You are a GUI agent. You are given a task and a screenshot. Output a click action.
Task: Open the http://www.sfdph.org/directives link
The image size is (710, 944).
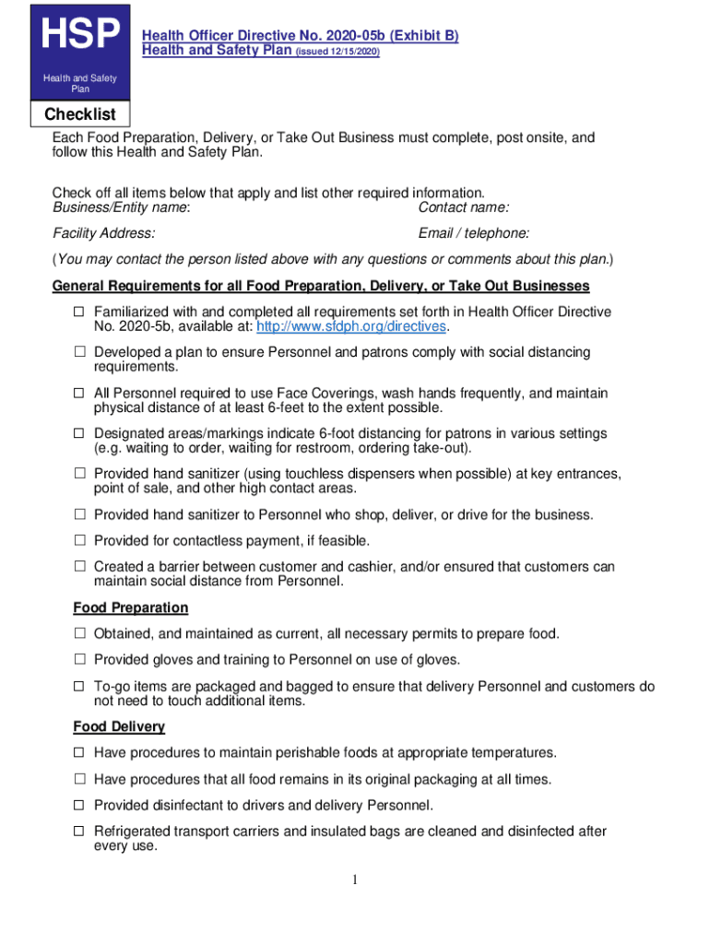tap(351, 327)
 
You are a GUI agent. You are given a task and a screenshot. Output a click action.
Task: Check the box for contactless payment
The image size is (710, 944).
tap(79, 540)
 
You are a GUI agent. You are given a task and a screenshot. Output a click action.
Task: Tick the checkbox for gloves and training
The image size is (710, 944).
tap(79, 660)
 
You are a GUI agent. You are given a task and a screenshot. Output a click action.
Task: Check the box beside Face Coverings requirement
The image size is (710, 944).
tap(79, 394)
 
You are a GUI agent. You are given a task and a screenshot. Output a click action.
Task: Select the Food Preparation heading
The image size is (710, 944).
tap(130, 608)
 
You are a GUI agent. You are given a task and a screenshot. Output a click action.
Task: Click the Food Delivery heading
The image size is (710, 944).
tap(119, 726)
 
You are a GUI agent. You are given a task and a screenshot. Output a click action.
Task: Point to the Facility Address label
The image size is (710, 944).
tap(103, 233)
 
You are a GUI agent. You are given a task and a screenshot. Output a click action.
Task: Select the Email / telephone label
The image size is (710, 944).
tap(473, 233)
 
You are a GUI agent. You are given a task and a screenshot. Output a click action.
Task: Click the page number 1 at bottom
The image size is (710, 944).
tap(355, 880)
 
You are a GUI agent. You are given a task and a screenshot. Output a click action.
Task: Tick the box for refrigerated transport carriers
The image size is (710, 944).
tap(79, 832)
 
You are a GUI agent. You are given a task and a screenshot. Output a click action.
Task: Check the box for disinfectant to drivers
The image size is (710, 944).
tap(79, 806)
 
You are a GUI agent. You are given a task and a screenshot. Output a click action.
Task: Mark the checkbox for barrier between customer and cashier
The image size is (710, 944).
tap(79, 567)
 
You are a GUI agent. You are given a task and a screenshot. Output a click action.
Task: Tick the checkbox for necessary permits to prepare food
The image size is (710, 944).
tap(79, 634)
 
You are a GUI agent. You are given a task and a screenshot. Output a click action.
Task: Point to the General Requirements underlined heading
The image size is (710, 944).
tap(321, 286)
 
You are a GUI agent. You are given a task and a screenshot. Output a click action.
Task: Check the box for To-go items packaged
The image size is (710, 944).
tap(79, 687)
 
